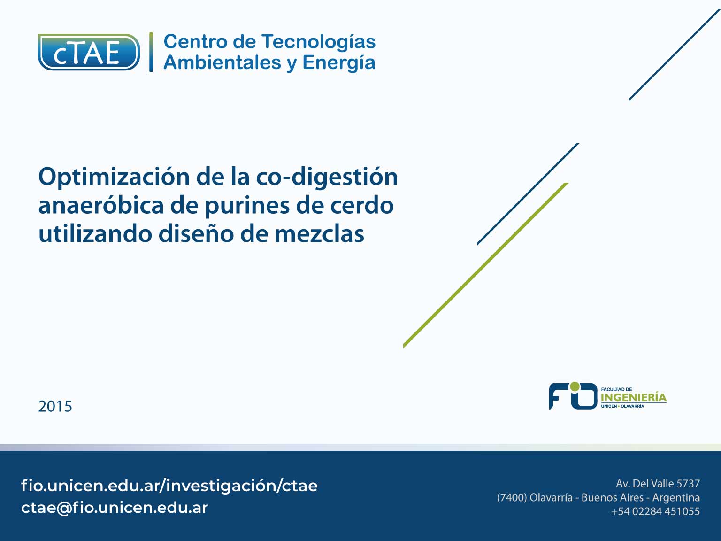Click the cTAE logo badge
click(89, 52)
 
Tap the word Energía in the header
click(338, 63)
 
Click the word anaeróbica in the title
click(101, 205)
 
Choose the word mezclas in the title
click(319, 233)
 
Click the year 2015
click(55, 407)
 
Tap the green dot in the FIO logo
click(575, 386)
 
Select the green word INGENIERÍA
click(634, 397)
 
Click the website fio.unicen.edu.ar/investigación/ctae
click(169, 486)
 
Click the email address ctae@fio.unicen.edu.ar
click(115, 508)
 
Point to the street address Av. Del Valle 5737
click(658, 484)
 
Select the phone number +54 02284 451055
click(655, 511)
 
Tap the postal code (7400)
click(512, 498)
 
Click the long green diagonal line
click(485, 265)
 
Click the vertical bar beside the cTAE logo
click(151, 52)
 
